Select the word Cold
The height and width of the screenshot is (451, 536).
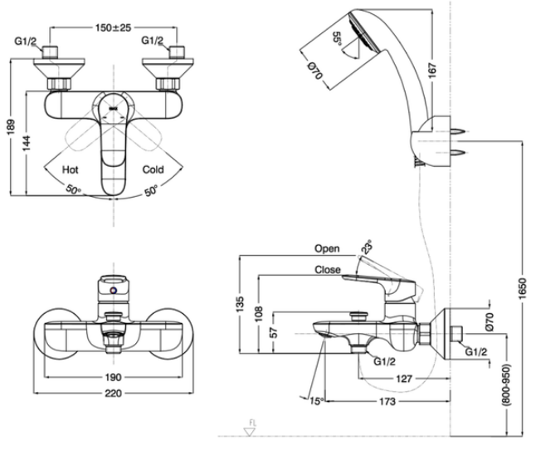153,169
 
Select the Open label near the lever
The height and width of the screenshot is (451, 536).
327,248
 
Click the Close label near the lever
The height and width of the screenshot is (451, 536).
327,269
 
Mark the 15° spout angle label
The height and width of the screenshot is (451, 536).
314,400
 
